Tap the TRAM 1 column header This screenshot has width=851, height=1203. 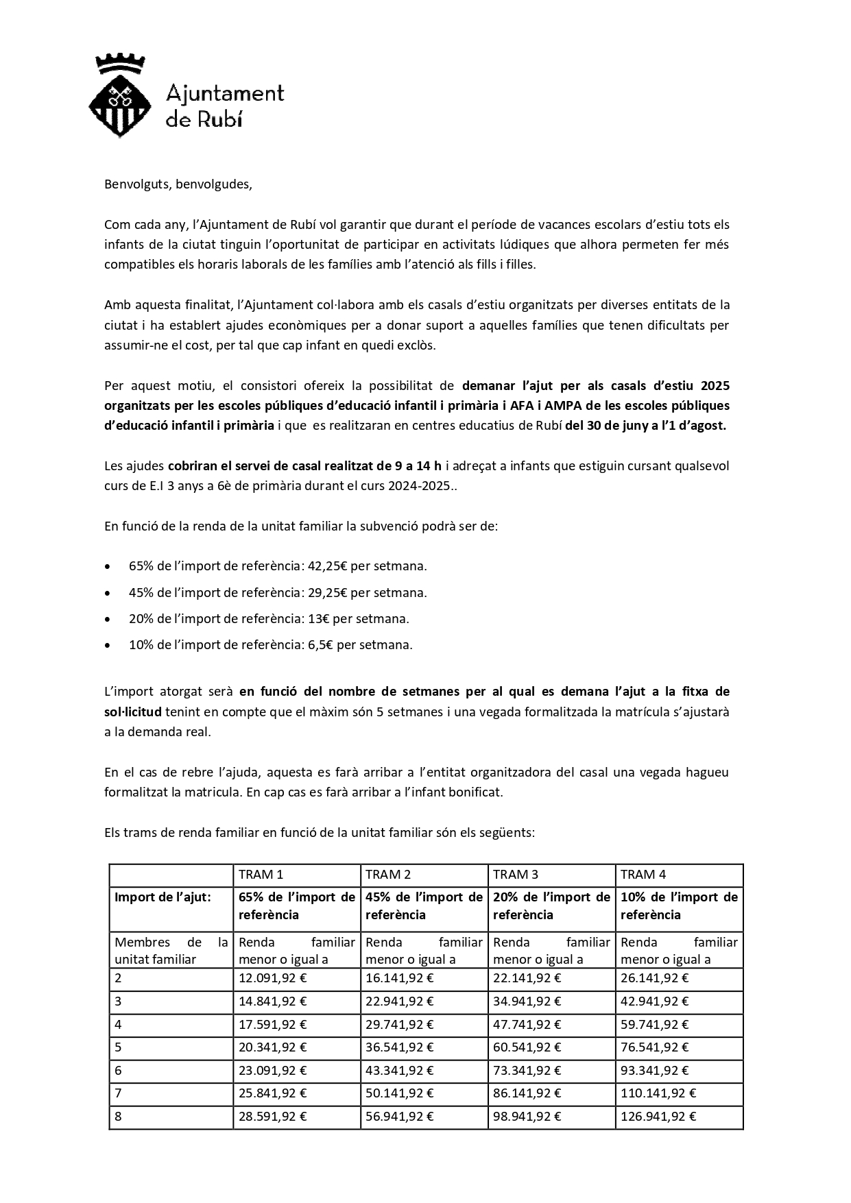[261, 874]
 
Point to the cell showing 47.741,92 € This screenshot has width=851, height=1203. [527, 1024]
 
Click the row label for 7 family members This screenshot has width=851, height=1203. [118, 1093]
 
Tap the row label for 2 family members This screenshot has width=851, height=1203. [118, 978]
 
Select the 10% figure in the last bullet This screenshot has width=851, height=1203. [141, 645]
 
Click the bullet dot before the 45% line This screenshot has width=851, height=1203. [108, 593]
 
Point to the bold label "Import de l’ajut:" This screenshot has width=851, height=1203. [163, 897]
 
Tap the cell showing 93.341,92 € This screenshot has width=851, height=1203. [654, 1070]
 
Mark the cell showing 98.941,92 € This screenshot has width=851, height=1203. [527, 1116]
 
